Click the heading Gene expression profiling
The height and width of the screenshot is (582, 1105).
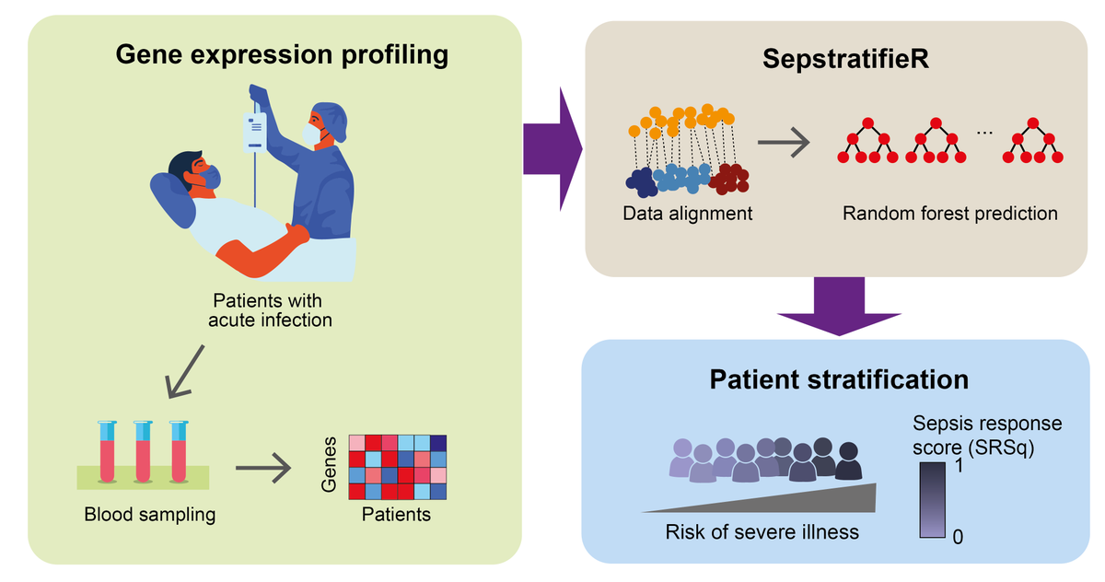[282, 55]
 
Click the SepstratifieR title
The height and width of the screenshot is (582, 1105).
[845, 59]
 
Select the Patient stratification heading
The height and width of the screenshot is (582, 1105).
[839, 379]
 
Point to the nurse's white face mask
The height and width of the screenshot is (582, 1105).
[312, 134]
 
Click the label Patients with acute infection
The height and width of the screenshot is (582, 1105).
[269, 310]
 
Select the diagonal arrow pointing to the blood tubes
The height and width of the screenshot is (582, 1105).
[184, 371]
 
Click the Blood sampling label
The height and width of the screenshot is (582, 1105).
[150, 515]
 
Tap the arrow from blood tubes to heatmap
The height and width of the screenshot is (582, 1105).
[263, 467]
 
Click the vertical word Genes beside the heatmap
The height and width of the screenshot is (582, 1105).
[329, 465]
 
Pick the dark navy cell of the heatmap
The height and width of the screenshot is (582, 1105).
[438, 443]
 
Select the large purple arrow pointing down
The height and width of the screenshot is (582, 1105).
[839, 307]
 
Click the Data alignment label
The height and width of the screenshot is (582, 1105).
[687, 214]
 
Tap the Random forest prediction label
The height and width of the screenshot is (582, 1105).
[949, 214]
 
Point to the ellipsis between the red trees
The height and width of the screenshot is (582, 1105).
[984, 133]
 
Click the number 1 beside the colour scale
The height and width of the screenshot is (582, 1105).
[959, 466]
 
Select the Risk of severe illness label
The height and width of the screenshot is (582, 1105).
[762, 532]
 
